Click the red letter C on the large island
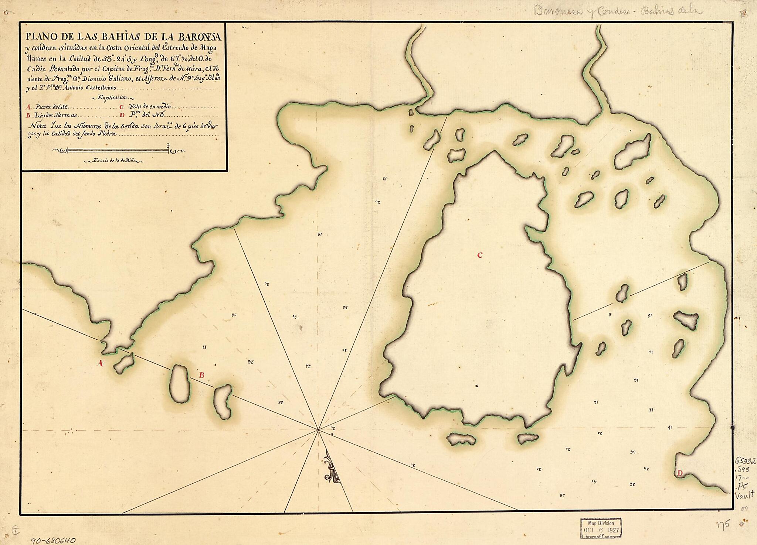point(480,255)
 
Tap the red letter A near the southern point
point(99,364)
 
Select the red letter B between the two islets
point(201,376)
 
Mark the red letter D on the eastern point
point(679,473)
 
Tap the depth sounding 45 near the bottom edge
point(563,495)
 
